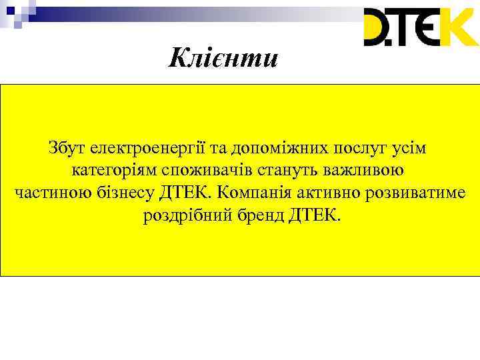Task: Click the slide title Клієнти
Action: [x=222, y=58]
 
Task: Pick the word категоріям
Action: [x=113, y=171]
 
